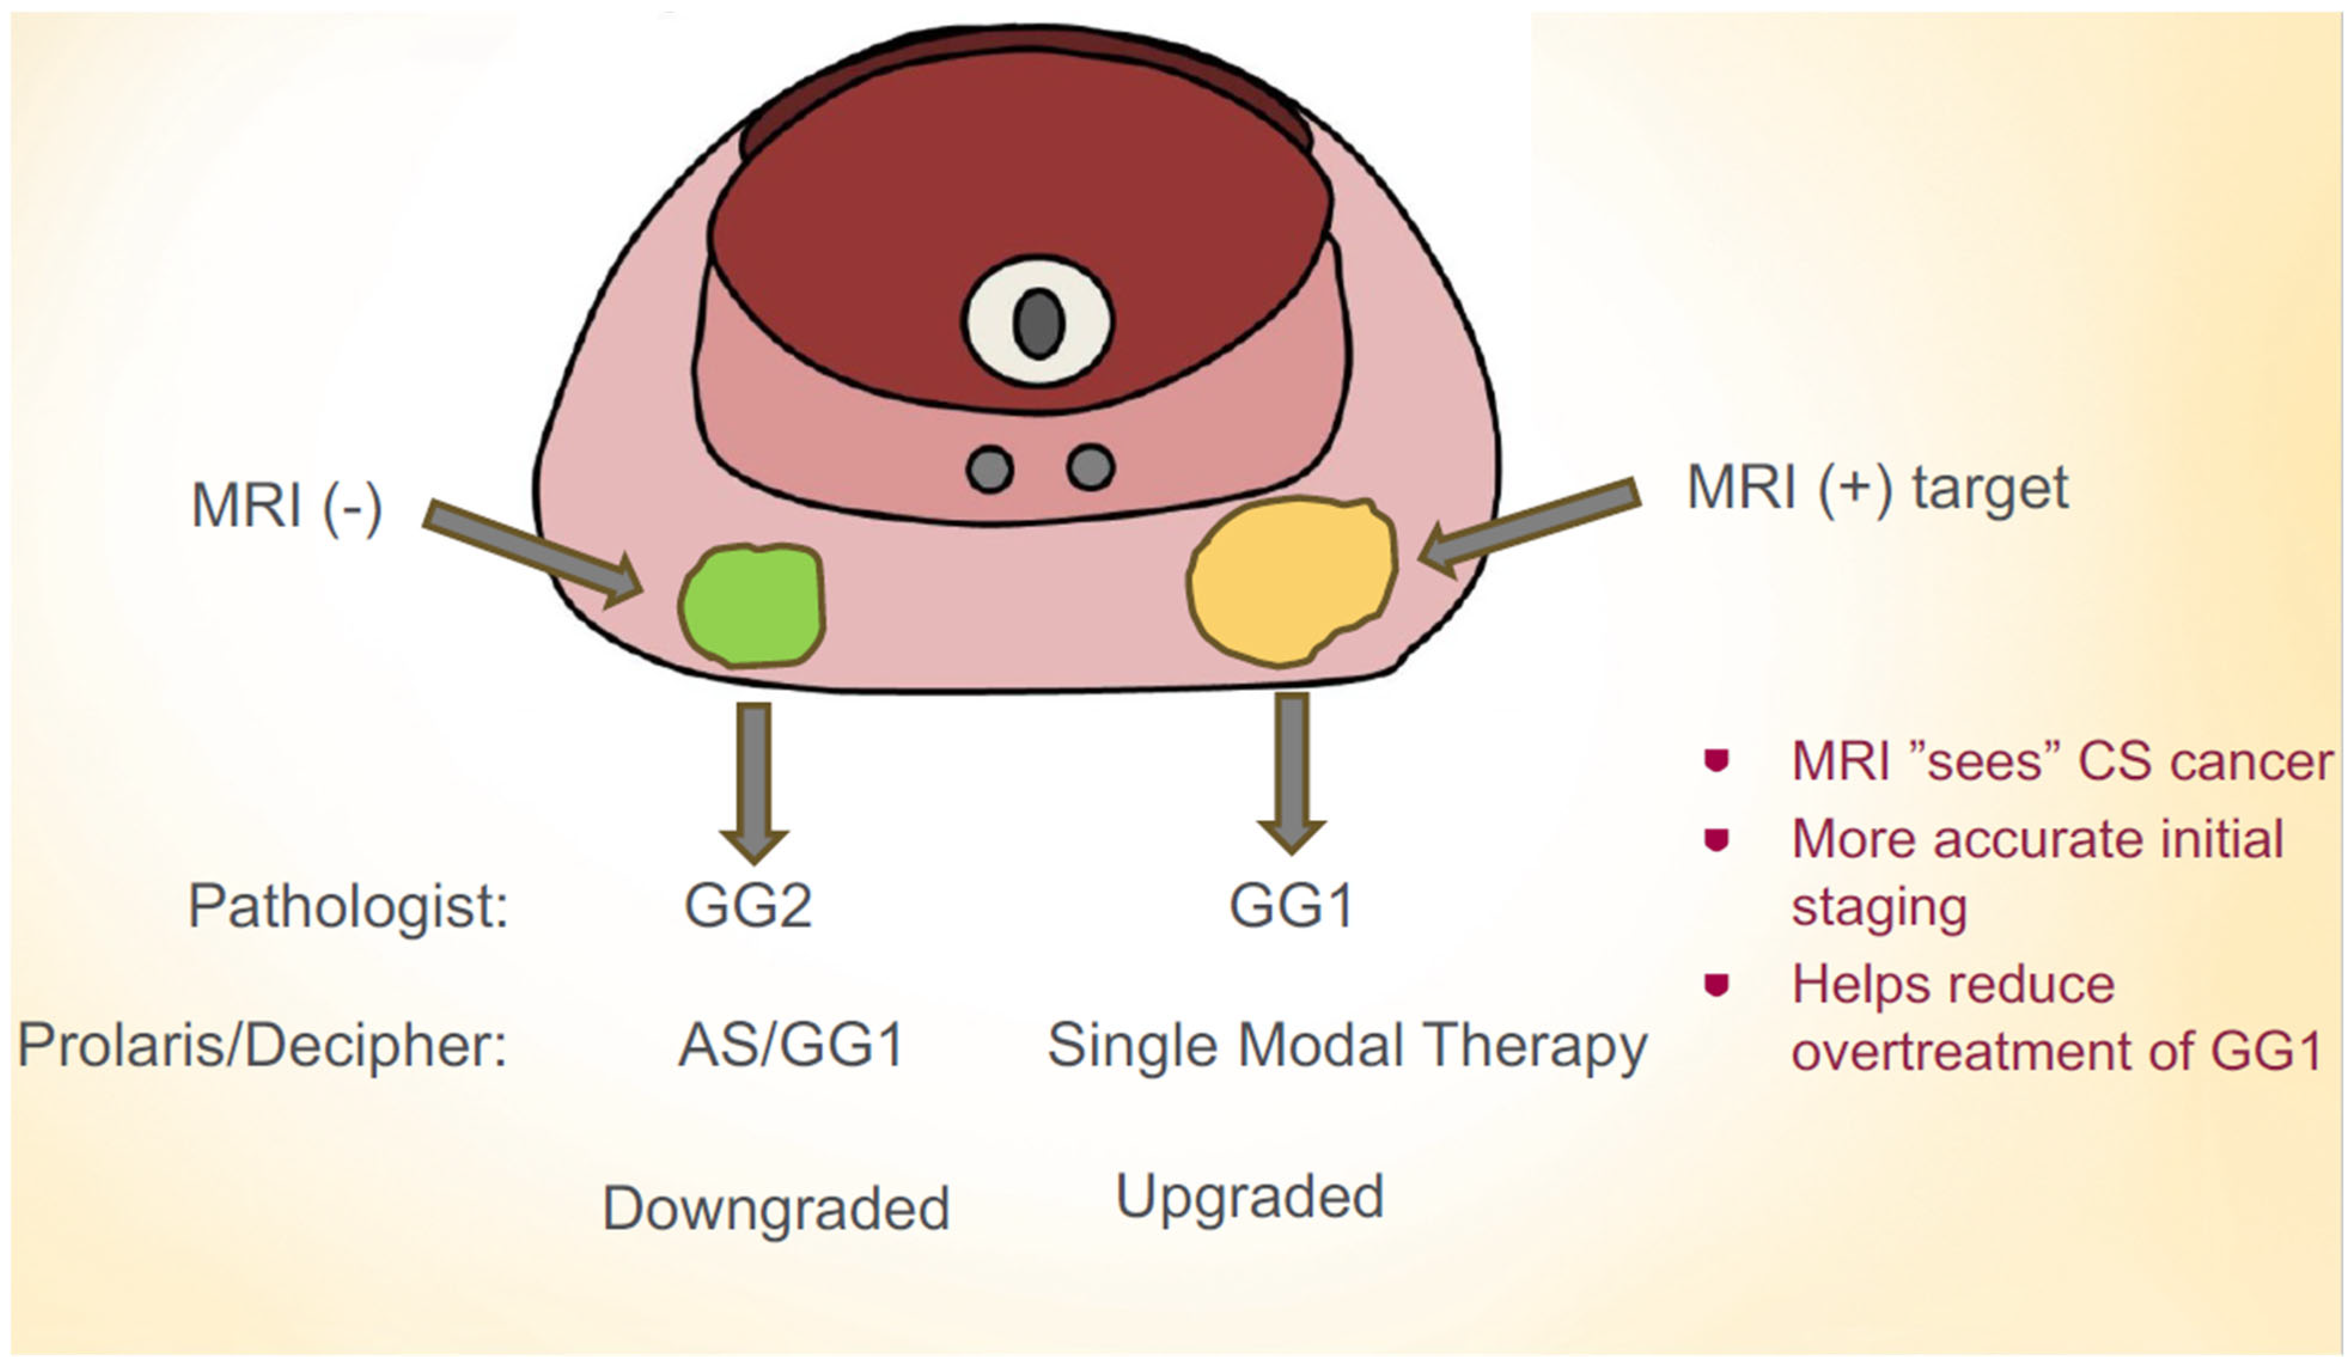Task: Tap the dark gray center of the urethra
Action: (x=1039, y=322)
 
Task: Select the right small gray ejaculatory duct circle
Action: (x=1090, y=467)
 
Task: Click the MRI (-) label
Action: (x=286, y=507)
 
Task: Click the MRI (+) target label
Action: (x=1877, y=487)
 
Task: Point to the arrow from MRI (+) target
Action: (x=1531, y=527)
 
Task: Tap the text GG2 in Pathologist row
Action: (x=748, y=905)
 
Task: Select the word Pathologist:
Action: (x=347, y=905)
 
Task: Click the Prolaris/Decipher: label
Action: (x=263, y=1045)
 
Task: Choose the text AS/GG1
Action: (x=791, y=1045)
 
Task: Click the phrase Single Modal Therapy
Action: (x=1347, y=1045)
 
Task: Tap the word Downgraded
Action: (x=776, y=1208)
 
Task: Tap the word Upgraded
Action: (x=1250, y=1197)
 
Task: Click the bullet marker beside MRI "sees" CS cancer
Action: (x=1716, y=760)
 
